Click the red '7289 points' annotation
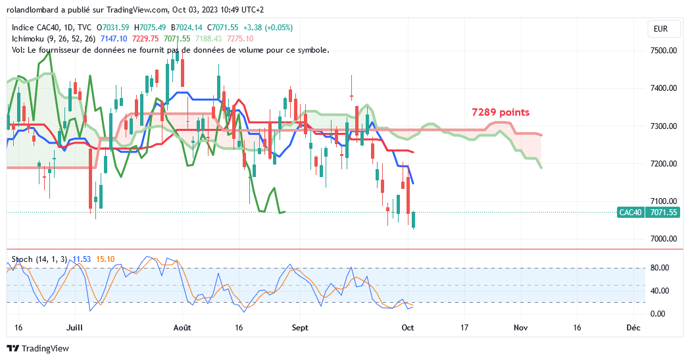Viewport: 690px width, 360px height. (x=501, y=113)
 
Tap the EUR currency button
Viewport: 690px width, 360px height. (x=660, y=29)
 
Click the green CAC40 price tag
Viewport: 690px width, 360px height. (x=629, y=213)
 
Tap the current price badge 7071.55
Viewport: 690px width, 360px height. (x=662, y=213)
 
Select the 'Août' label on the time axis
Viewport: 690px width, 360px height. (x=182, y=327)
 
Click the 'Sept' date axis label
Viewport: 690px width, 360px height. (x=300, y=327)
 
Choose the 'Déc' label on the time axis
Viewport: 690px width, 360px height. (x=633, y=327)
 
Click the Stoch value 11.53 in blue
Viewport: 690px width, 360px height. (x=82, y=259)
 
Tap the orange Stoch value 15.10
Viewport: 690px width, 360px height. (x=106, y=259)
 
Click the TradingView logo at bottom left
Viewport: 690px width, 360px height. (x=37, y=348)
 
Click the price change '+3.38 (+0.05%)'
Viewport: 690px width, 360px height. (x=268, y=28)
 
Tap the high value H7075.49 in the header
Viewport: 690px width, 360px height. (x=150, y=28)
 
